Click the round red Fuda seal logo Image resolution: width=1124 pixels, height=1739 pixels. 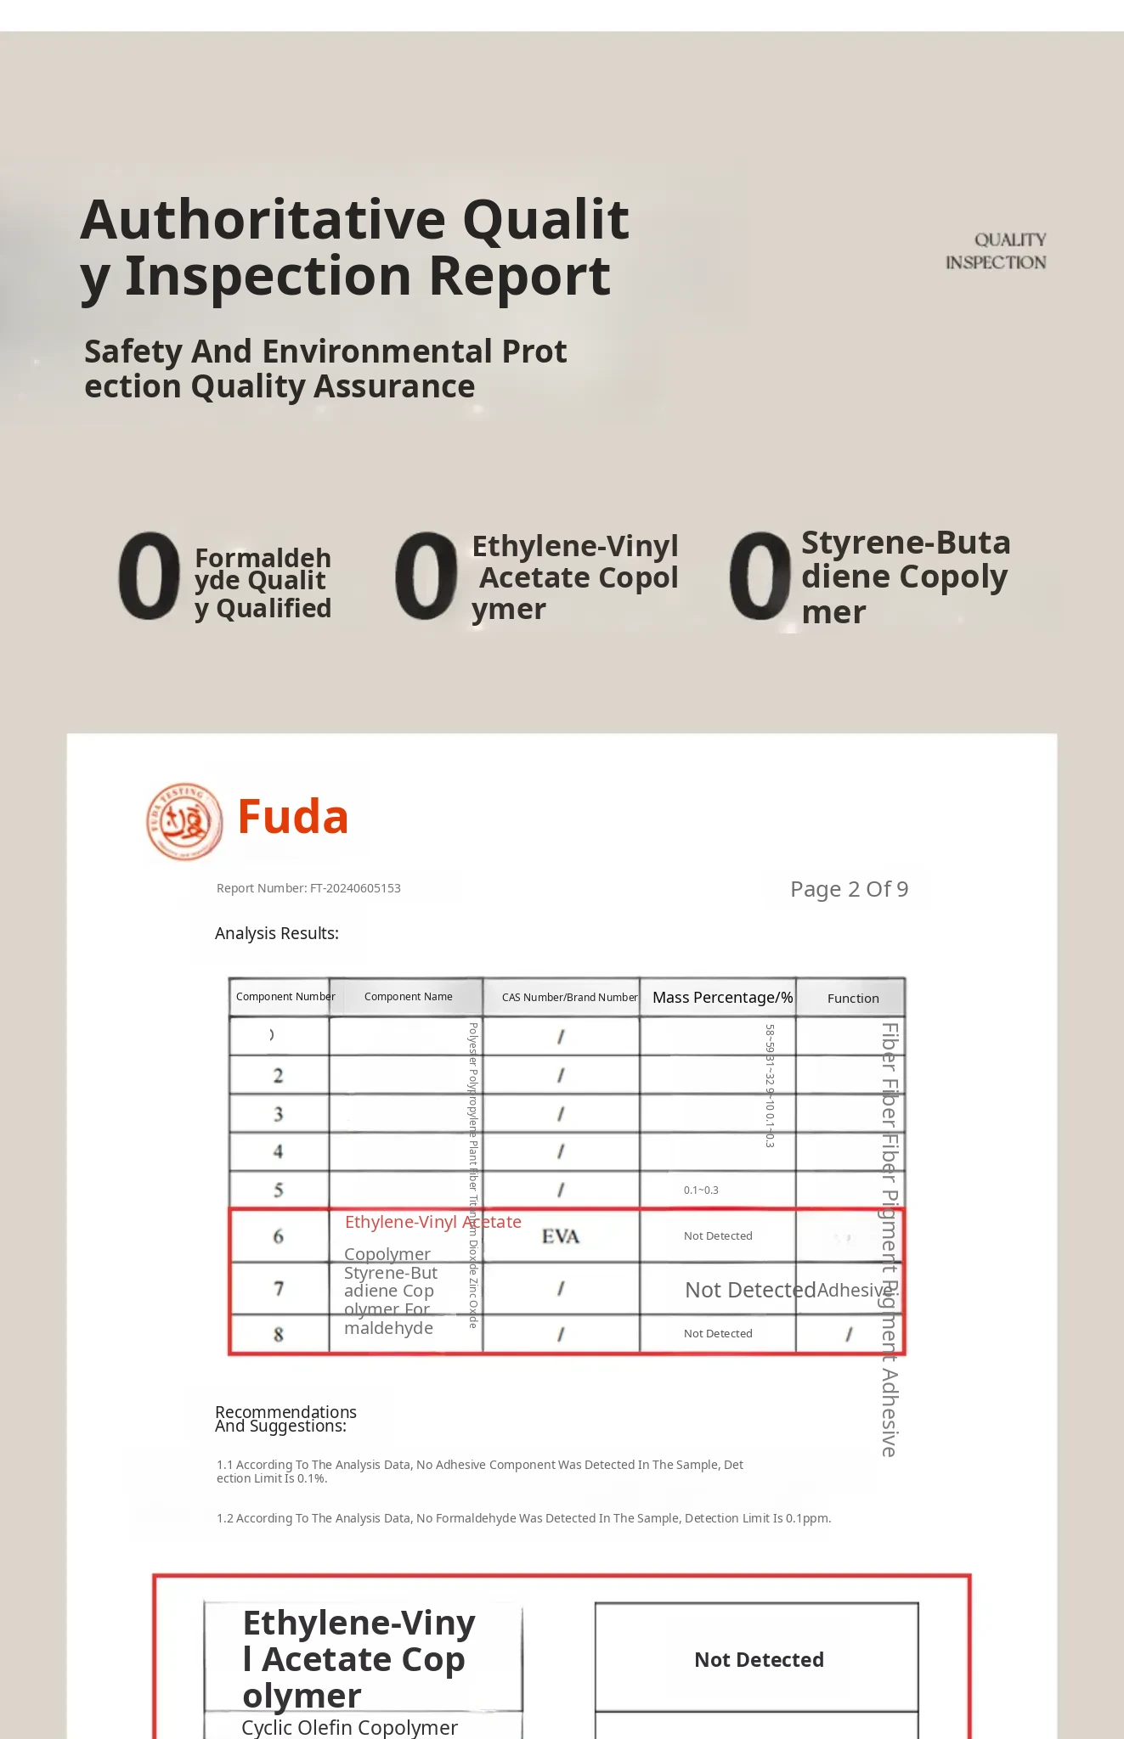(x=184, y=821)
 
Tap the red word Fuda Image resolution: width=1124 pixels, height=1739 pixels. (x=293, y=817)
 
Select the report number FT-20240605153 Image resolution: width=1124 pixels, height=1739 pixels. (x=308, y=888)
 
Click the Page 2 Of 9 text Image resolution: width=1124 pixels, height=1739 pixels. (x=849, y=889)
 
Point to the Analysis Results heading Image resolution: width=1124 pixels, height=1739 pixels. (x=277, y=933)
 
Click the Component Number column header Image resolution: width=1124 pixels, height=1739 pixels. (x=285, y=997)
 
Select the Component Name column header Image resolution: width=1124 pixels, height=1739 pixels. (x=408, y=997)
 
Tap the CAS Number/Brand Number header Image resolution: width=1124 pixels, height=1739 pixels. (x=569, y=998)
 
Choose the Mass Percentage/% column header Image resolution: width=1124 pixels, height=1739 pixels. (x=722, y=998)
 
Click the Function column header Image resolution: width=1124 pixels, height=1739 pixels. (x=853, y=999)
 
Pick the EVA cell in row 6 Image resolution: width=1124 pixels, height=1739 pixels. (x=561, y=1236)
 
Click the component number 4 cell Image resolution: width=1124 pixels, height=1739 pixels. (x=279, y=1152)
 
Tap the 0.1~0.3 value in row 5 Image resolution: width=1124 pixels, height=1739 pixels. (x=701, y=1190)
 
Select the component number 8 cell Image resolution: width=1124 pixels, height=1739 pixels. (x=279, y=1334)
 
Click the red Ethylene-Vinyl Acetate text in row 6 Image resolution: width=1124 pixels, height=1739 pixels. (x=432, y=1222)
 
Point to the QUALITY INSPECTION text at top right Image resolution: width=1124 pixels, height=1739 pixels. (x=997, y=251)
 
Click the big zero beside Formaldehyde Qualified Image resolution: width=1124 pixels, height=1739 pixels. (x=150, y=576)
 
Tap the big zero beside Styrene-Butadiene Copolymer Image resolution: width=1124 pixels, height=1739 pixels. (x=760, y=576)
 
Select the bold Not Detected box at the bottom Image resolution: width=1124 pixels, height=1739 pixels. (x=758, y=1659)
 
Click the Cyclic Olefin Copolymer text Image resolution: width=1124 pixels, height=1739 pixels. (x=349, y=1727)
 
